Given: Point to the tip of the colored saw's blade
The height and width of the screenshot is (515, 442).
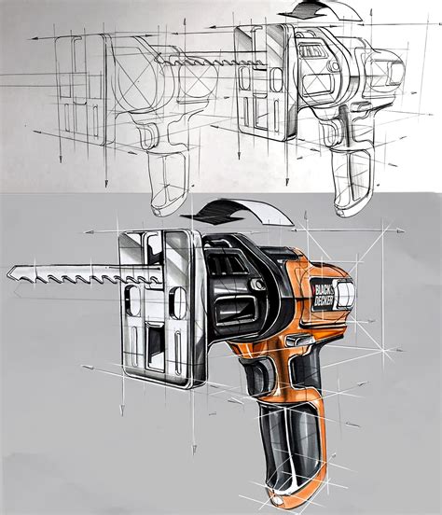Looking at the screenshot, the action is point(7,273).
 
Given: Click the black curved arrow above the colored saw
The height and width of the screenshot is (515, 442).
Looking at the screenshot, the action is point(237,214).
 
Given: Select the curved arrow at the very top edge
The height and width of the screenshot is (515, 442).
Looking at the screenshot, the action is point(319,10).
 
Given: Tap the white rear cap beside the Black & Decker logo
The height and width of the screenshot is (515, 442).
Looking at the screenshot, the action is point(345,295).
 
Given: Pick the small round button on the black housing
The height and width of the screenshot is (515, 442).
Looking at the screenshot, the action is point(257,285).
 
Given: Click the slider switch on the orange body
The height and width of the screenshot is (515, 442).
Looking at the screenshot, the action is point(298,340).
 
